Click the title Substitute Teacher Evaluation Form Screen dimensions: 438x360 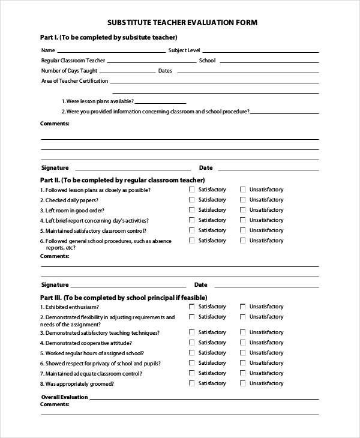(182, 23)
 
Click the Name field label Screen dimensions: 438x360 (48, 50)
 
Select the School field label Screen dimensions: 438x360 (207, 61)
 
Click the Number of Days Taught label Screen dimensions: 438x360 (69, 71)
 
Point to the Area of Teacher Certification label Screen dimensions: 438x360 (74, 80)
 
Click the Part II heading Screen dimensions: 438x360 (122, 179)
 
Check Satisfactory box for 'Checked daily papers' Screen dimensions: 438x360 (192, 200)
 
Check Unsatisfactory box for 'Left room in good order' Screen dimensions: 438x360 (243, 210)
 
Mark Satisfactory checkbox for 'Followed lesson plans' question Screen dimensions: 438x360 (192, 190)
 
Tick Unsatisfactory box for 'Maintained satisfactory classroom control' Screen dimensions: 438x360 (243, 230)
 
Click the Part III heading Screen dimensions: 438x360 (124, 297)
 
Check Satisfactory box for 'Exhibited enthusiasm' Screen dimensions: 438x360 (192, 307)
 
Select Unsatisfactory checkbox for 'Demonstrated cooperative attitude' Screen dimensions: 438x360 (243, 343)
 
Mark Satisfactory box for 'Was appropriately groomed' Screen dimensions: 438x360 (192, 383)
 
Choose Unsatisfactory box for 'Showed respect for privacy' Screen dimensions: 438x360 (243, 363)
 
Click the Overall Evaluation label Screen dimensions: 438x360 (64, 397)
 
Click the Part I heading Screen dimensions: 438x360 (109, 37)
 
